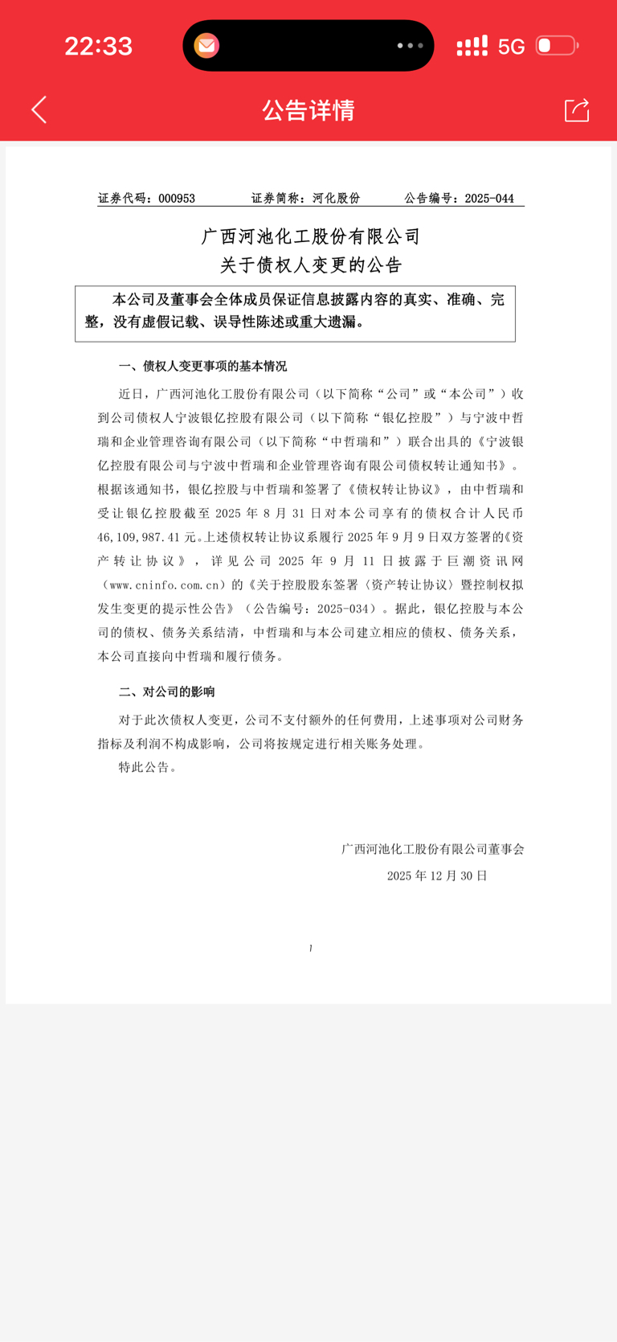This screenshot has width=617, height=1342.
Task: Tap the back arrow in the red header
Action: click(x=39, y=110)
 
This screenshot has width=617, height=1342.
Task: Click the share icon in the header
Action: click(x=577, y=110)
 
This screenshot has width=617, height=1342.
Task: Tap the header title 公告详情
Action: click(x=308, y=110)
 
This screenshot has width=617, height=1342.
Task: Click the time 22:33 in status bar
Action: click(x=98, y=46)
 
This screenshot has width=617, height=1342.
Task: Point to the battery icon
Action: click(x=557, y=46)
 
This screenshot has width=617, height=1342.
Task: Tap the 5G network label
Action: click(x=511, y=47)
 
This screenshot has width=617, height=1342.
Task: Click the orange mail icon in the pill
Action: click(x=206, y=46)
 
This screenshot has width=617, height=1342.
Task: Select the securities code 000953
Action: click(x=177, y=199)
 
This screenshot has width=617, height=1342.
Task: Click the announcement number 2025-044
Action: click(x=488, y=199)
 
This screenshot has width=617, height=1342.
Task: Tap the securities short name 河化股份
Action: click(x=336, y=199)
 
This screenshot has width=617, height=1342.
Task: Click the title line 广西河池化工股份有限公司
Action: click(x=311, y=236)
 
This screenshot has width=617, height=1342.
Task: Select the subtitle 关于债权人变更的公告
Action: click(x=311, y=265)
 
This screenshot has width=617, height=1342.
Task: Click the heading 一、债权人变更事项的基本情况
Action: click(x=202, y=367)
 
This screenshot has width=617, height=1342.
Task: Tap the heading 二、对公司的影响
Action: click(x=166, y=692)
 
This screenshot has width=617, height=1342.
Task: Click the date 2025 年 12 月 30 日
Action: click(x=437, y=876)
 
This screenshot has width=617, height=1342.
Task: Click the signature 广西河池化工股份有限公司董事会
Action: click(x=432, y=849)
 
